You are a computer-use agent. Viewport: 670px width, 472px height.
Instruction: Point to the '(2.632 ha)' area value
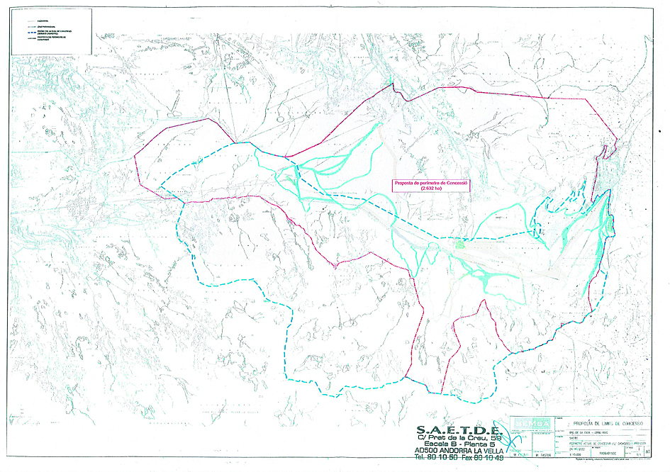point(432,189)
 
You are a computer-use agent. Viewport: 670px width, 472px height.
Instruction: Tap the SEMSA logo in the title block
point(532,423)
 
